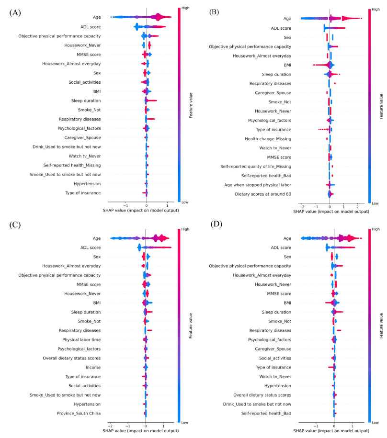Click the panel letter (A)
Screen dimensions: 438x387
click(15, 13)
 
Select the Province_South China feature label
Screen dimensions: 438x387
click(79, 414)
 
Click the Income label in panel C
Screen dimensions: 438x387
click(93, 367)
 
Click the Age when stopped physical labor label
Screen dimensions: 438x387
click(258, 185)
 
